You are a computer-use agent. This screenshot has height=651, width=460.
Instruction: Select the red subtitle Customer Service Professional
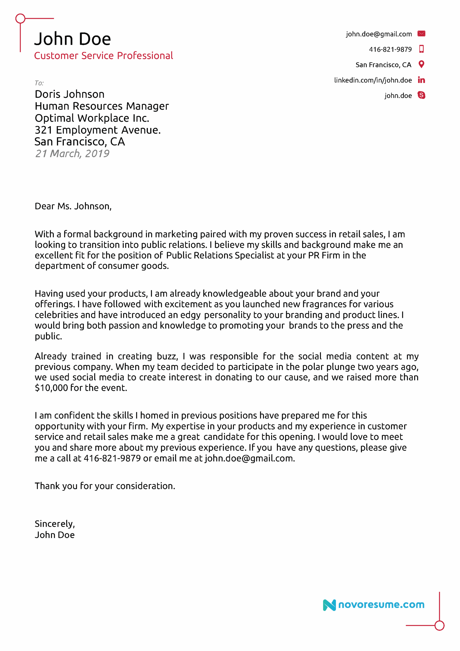tap(103, 56)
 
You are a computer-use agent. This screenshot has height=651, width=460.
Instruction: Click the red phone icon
tap(421, 49)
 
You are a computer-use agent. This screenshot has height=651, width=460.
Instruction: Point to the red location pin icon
tap(421, 64)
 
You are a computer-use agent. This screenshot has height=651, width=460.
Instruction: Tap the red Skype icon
tap(421, 95)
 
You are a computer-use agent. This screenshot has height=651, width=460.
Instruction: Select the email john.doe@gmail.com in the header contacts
tap(379, 34)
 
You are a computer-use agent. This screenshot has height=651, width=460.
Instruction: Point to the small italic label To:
tap(39, 83)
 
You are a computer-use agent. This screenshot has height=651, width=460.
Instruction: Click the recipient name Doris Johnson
tap(69, 94)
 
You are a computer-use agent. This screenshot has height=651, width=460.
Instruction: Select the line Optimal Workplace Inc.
tap(92, 118)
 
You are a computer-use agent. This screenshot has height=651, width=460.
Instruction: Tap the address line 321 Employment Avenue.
tap(98, 130)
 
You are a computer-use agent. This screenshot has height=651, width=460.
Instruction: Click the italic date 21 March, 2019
tap(72, 154)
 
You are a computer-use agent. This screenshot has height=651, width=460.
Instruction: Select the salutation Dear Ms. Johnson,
tap(73, 206)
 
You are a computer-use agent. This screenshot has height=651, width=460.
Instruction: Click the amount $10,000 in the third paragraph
tap(51, 388)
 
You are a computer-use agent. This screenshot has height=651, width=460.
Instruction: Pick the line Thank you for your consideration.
tap(105, 486)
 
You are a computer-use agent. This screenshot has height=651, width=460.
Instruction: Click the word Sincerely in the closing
tap(54, 524)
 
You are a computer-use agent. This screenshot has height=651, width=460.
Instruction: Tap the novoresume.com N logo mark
tap(329, 605)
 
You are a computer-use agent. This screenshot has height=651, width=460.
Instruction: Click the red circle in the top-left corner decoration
tap(20, 19)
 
